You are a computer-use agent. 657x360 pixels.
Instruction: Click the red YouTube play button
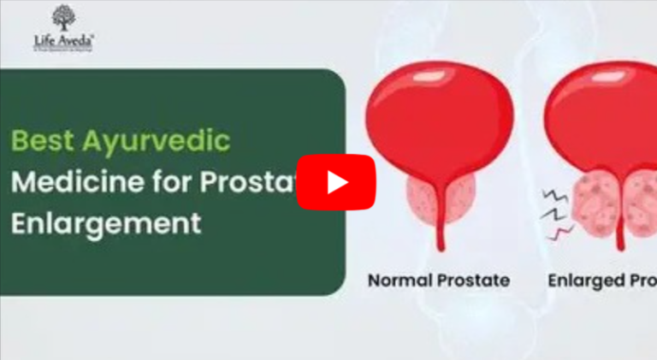click(335, 181)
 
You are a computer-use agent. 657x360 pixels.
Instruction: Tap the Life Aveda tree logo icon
click(63, 18)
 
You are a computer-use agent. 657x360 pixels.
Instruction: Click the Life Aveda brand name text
click(64, 38)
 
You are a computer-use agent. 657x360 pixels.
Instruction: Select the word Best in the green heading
click(42, 139)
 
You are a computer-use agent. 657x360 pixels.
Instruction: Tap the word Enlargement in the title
click(106, 223)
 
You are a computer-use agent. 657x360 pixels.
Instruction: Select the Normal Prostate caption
click(439, 280)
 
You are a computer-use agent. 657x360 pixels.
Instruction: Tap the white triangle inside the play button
click(337, 181)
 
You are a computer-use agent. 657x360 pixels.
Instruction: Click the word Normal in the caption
click(400, 280)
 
